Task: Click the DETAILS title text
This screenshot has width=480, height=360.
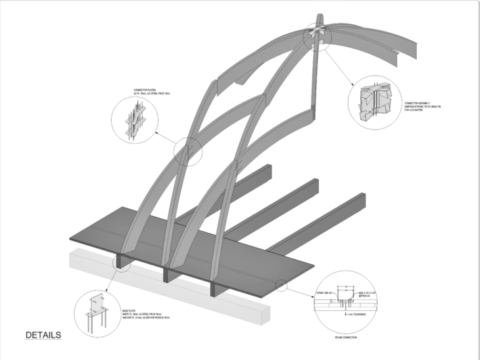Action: pos(43,335)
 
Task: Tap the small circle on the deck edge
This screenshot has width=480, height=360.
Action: pos(282,285)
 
